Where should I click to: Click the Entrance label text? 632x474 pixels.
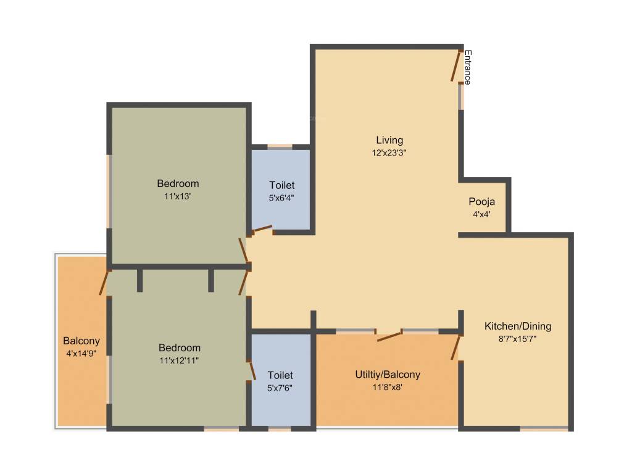468,67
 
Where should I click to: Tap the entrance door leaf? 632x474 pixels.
456,67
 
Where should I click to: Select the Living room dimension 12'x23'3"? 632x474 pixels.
389,152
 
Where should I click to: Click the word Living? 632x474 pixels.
389,139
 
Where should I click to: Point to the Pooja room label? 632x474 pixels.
481,202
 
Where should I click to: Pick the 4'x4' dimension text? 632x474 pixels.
481,214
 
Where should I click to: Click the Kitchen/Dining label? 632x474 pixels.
517,326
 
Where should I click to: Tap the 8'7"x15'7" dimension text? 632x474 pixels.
517,338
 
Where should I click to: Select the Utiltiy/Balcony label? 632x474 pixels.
388,375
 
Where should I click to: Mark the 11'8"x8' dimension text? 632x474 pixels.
388,387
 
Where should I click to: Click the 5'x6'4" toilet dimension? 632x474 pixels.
281,197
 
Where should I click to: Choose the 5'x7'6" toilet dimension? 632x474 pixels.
280,388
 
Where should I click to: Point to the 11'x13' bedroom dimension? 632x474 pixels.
178,196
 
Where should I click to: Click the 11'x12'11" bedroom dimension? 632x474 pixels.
179,360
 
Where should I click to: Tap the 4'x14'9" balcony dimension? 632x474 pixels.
81,353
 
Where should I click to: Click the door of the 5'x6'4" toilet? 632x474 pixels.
262,230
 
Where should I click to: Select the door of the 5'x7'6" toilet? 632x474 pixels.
251,370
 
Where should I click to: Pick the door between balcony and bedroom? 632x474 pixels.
104,283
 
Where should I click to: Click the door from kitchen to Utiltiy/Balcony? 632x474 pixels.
457,347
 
